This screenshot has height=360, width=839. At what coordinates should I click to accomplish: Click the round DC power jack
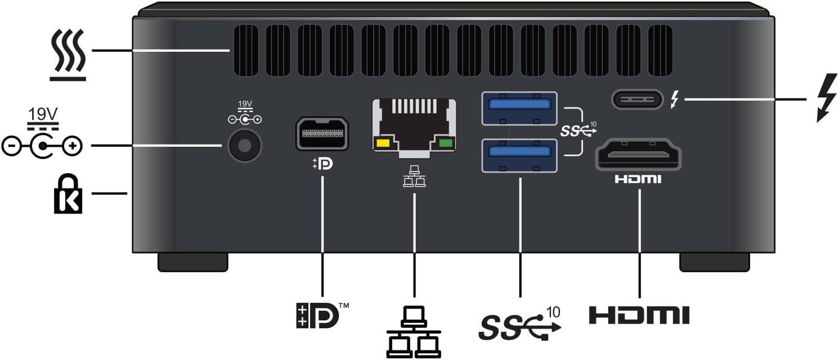[x=244, y=145]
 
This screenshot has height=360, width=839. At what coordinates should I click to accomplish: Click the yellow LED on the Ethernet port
[x=383, y=143]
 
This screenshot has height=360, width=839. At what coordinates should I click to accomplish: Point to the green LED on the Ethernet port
[x=446, y=143]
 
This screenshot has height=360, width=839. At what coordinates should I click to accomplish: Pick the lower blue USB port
[x=519, y=155]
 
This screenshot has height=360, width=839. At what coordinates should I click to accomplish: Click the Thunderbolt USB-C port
[x=638, y=100]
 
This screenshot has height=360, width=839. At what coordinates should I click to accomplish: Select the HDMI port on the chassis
[x=639, y=155]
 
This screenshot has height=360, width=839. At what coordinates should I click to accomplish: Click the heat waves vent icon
[x=68, y=55]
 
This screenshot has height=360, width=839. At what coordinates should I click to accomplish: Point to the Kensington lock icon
[x=68, y=193]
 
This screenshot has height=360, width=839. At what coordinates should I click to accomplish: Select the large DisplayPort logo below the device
[x=318, y=315]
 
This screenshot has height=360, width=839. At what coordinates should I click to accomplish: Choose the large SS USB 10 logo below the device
[x=521, y=323]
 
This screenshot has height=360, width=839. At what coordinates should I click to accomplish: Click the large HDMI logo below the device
[x=639, y=315]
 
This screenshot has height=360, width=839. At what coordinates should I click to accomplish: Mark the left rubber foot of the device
[x=193, y=262]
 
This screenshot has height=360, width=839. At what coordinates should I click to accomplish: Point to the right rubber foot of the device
[x=715, y=262]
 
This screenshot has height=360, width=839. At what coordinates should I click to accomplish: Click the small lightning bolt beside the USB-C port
[x=675, y=101]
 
